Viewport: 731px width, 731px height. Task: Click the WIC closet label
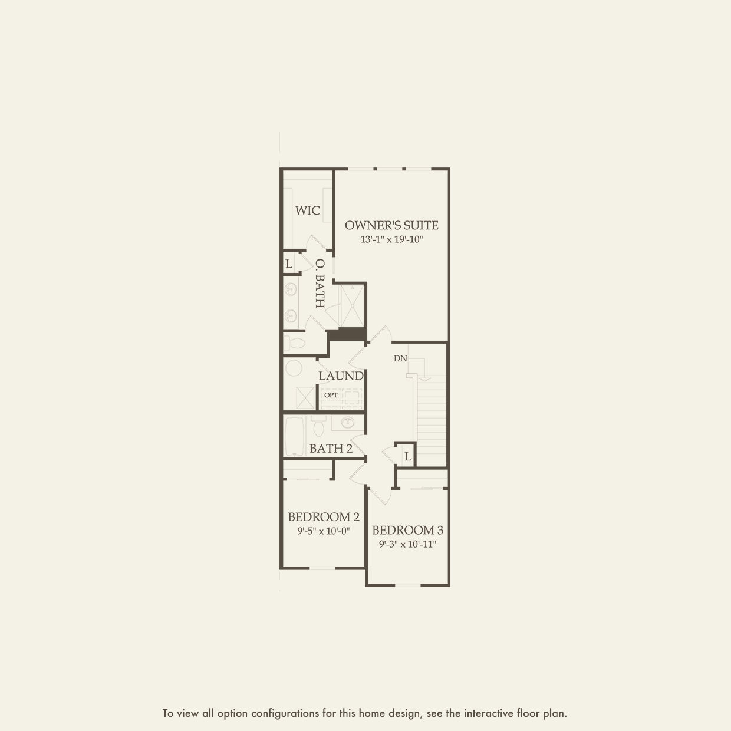[307, 210]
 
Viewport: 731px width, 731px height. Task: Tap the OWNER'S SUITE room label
[391, 225]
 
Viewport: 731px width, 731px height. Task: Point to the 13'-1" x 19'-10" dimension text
[391, 239]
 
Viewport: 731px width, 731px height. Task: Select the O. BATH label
[320, 284]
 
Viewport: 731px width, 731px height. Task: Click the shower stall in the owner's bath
[353, 305]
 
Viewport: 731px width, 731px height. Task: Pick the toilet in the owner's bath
[294, 343]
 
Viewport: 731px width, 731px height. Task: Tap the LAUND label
[341, 376]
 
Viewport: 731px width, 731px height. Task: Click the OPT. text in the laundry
[331, 395]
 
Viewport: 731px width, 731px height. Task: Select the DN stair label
[400, 358]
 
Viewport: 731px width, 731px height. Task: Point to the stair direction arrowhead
[426, 378]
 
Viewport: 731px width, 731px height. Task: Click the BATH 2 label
[331, 449]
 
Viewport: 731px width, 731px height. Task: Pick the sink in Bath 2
[347, 422]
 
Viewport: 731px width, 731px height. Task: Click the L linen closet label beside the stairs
[408, 456]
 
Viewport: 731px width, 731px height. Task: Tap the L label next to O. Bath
[289, 264]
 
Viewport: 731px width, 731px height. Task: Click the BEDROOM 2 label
[324, 516]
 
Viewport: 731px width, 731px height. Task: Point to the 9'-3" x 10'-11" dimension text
[408, 544]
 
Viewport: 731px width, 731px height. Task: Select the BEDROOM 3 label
[408, 530]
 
